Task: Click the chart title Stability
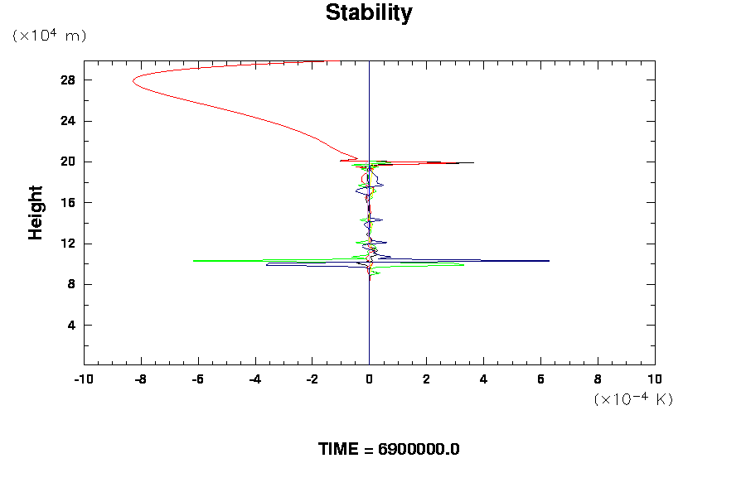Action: tap(368, 13)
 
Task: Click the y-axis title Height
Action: tap(36, 212)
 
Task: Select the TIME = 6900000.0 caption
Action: tap(389, 449)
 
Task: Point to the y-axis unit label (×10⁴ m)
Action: tap(49, 36)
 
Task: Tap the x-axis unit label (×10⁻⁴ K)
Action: tap(633, 399)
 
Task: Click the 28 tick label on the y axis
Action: tap(68, 80)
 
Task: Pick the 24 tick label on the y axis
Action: tap(68, 121)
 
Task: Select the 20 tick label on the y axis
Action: tap(68, 162)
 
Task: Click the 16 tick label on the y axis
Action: tap(68, 202)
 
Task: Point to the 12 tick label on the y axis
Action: tap(68, 244)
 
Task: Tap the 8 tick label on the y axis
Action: tap(71, 284)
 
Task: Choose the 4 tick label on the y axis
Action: tap(71, 325)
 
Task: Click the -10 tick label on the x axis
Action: tap(83, 379)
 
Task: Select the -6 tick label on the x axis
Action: tap(197, 379)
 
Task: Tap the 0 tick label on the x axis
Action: tap(369, 379)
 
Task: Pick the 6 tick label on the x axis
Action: tap(540, 379)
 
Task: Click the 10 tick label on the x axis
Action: tap(655, 379)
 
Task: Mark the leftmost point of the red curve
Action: tap(132, 81)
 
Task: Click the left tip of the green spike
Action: tap(193, 261)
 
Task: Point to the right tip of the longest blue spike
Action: tap(549, 261)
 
